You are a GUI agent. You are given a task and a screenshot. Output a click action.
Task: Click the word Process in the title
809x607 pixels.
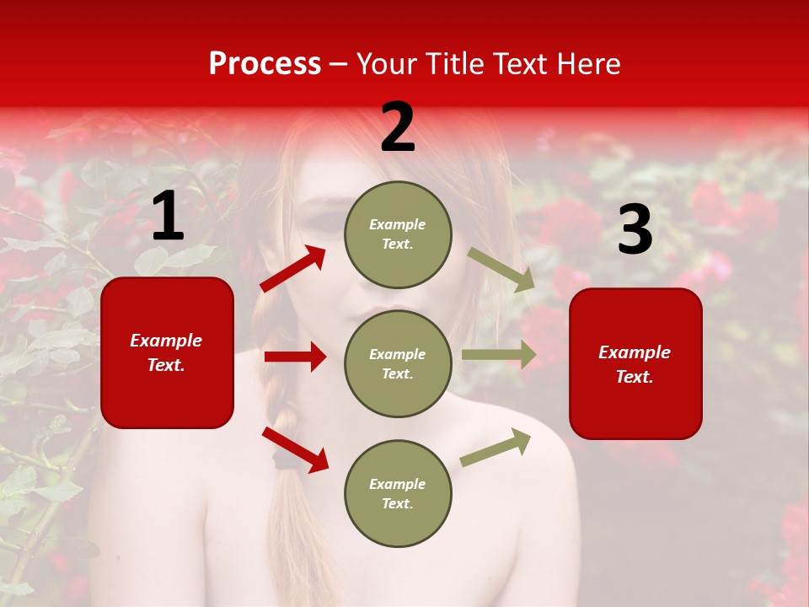265,64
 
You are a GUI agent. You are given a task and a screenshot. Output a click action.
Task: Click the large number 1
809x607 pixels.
168,218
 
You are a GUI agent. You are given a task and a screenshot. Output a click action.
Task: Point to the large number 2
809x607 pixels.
398,128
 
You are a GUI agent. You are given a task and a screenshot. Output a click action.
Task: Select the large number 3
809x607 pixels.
635,230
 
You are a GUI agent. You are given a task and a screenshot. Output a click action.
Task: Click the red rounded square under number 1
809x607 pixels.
167,352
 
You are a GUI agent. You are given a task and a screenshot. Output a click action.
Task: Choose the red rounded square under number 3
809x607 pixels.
635,363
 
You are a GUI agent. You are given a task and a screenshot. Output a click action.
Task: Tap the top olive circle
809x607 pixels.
398,234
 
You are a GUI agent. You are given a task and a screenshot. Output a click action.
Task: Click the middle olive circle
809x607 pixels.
398,363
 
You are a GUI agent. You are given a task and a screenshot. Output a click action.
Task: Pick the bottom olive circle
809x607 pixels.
398,493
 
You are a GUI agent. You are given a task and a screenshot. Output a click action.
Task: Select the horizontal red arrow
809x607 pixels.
295,357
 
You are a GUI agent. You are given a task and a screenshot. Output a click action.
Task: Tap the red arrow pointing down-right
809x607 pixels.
295,449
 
